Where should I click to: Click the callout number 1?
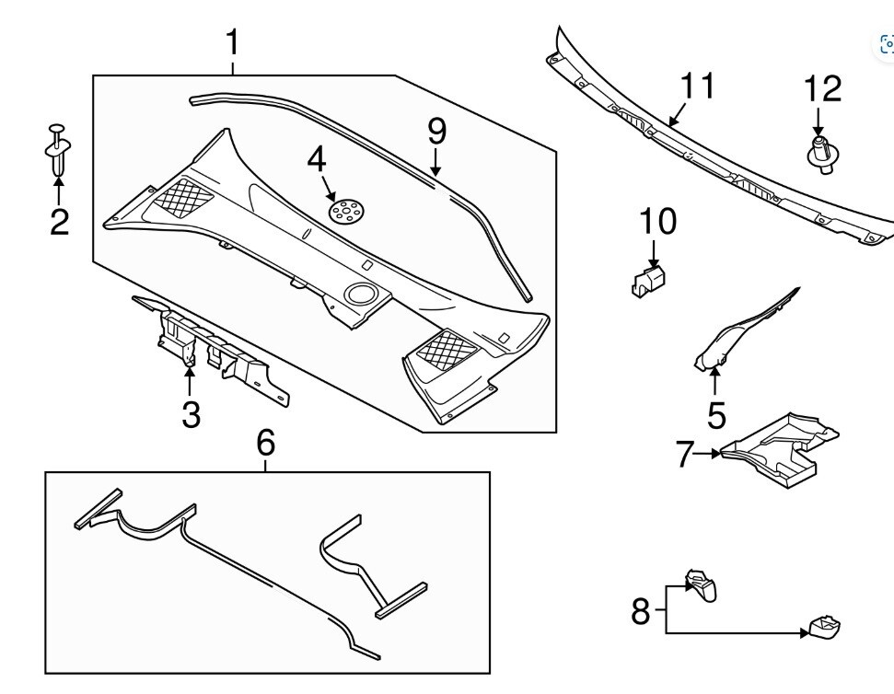(233, 42)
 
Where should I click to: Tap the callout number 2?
(59, 222)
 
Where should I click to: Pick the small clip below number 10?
(649, 278)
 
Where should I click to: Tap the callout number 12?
(822, 89)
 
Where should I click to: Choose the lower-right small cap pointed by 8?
(825, 628)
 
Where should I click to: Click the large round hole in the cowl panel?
(360, 294)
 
